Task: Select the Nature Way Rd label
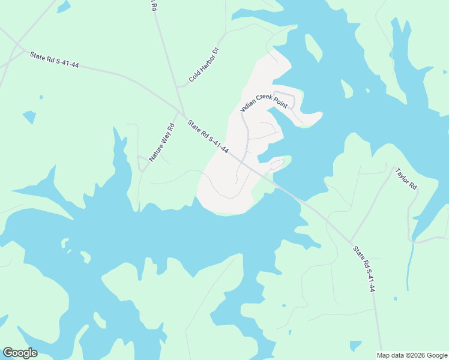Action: point(161,142)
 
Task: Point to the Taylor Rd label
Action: point(406,179)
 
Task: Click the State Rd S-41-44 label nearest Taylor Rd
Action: point(364,269)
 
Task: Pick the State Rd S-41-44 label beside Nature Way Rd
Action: point(208,137)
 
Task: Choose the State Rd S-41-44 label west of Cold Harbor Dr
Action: point(55,60)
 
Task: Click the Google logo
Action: point(20,353)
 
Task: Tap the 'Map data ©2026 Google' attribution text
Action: point(412,355)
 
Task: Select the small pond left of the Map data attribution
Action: point(356,346)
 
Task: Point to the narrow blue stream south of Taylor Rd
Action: point(410,264)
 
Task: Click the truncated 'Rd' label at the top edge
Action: point(154,6)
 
